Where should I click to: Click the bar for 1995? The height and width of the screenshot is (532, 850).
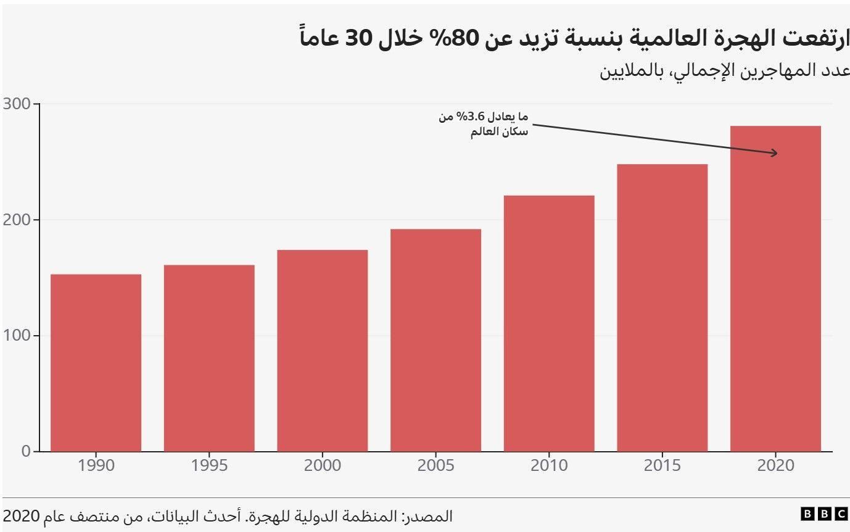pyautogui.click(x=209, y=358)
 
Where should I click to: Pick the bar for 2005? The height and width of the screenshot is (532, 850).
pyautogui.click(x=435, y=340)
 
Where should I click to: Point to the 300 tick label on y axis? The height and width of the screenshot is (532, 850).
pyautogui.click(x=17, y=104)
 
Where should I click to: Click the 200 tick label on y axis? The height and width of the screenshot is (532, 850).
pyautogui.click(x=17, y=220)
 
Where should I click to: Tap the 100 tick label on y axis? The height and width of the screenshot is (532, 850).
pyautogui.click(x=17, y=336)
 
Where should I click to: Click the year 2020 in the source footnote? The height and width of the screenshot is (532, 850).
pyautogui.click(x=22, y=515)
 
